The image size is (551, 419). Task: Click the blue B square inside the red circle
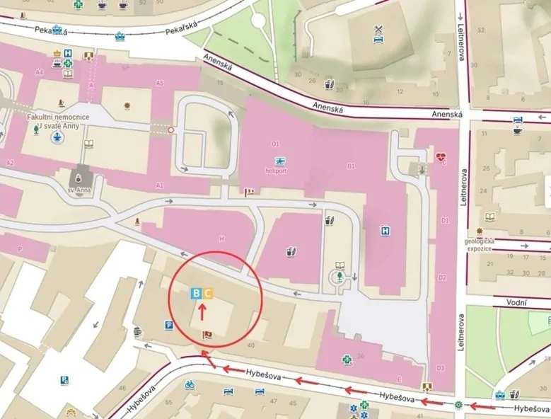point(196,293)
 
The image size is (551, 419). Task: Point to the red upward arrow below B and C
point(202,309)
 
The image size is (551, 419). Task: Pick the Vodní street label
point(516,302)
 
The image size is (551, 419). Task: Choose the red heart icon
point(442,158)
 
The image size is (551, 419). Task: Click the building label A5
point(160,83)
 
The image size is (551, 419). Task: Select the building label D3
point(440,368)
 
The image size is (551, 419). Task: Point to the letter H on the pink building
point(221,239)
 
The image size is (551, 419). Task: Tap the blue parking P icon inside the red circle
point(168,325)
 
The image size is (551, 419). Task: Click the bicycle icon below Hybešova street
point(190,385)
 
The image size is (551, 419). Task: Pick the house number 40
point(251,345)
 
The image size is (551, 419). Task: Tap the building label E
point(400,378)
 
